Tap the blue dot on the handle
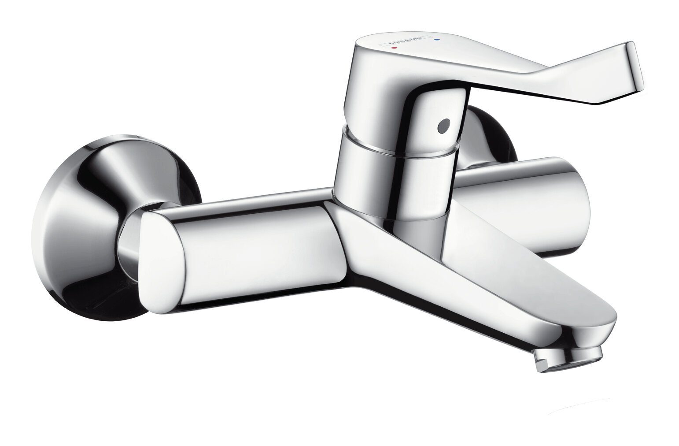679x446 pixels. (437, 39)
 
